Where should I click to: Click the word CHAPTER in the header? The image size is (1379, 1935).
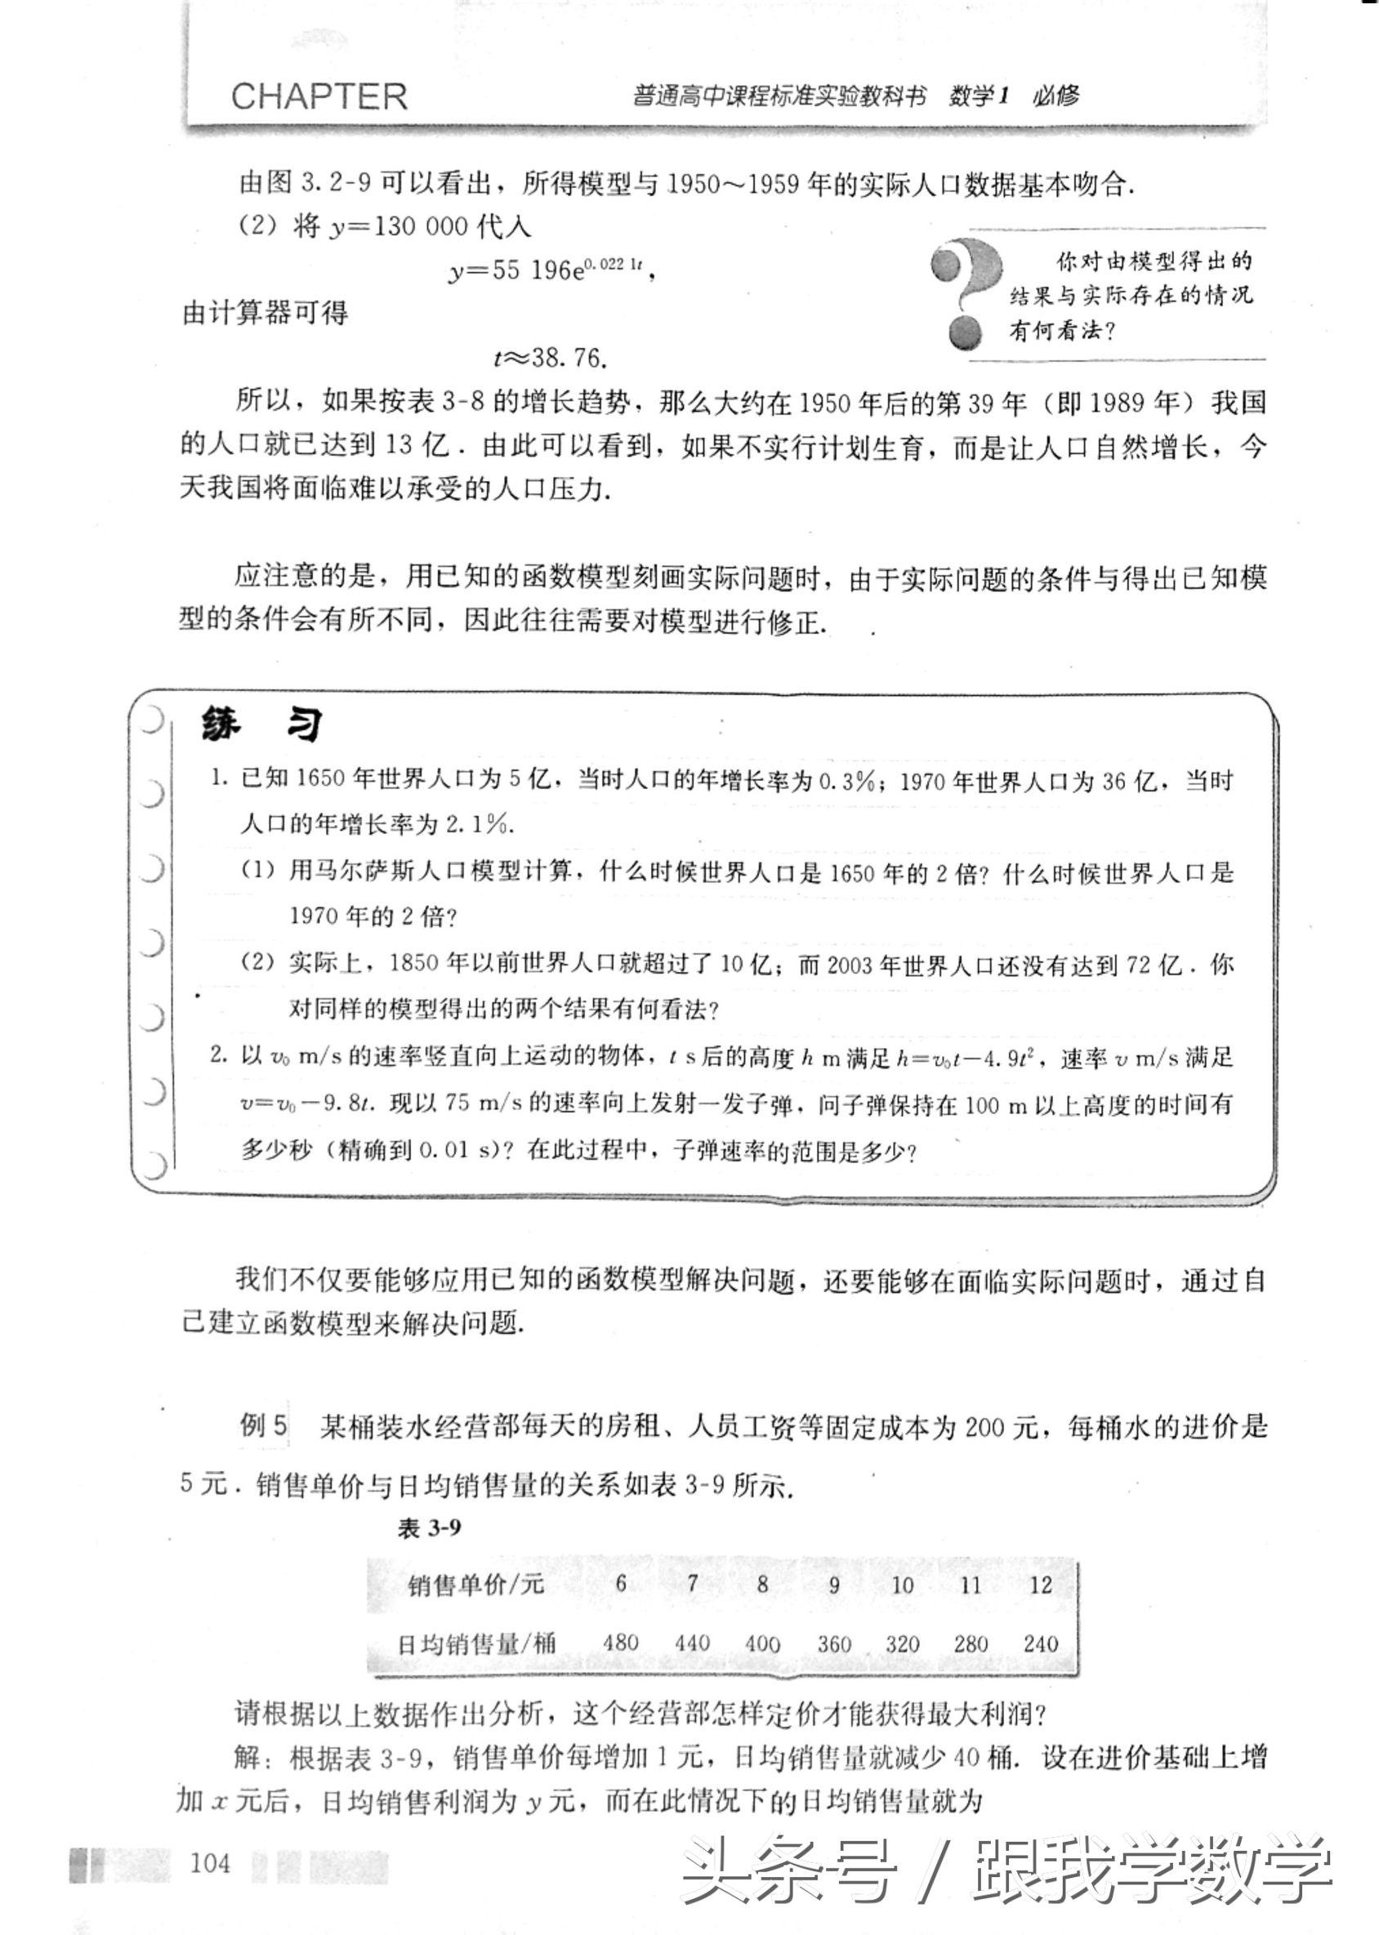[x=319, y=97]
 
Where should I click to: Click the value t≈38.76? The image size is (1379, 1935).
[x=551, y=358]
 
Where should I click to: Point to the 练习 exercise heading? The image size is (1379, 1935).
[x=261, y=726]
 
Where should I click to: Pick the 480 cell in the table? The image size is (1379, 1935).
[x=621, y=1642]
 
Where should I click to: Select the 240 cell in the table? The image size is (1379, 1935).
[x=1040, y=1642]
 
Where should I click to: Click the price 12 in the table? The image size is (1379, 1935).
[x=1040, y=1585]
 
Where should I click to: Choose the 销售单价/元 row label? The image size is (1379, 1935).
[x=475, y=1585]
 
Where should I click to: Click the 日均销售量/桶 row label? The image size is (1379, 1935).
[x=477, y=1643]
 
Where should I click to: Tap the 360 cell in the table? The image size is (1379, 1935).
[x=834, y=1643]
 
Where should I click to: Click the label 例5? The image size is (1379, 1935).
[x=264, y=1425]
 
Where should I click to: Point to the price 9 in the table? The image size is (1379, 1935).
[x=834, y=1585]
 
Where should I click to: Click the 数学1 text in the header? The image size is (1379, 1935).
[x=977, y=96]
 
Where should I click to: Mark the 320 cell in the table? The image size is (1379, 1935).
[x=902, y=1643]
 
